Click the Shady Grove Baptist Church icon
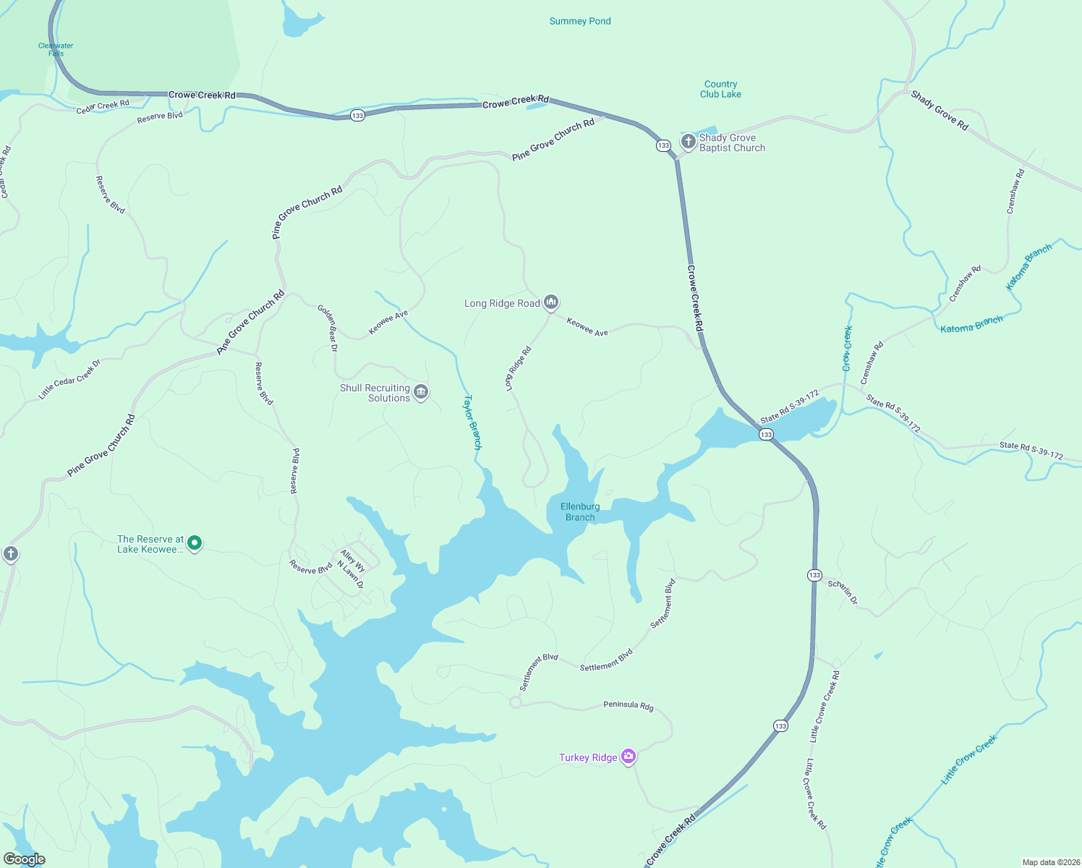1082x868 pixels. tap(688, 141)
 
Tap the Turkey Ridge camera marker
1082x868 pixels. tap(629, 757)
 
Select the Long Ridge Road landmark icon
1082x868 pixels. tap(551, 302)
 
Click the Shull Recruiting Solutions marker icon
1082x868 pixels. tap(421, 392)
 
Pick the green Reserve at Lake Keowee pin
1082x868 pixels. tap(194, 542)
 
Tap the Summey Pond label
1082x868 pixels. tap(580, 21)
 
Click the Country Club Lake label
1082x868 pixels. tap(720, 89)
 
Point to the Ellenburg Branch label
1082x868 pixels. tap(580, 512)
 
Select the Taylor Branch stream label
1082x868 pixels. tap(472, 422)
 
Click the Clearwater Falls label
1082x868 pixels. tap(56, 49)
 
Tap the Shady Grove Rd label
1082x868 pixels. tap(939, 110)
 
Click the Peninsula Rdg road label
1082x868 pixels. tap(629, 705)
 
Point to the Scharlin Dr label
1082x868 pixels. tap(843, 592)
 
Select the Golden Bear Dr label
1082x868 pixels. tap(328, 328)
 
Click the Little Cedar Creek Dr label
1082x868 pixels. tap(69, 379)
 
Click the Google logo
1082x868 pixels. tap(24, 859)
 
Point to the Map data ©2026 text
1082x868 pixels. tap(1049, 862)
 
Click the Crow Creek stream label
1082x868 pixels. tap(848, 349)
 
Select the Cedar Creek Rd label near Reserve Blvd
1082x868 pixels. tap(103, 106)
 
